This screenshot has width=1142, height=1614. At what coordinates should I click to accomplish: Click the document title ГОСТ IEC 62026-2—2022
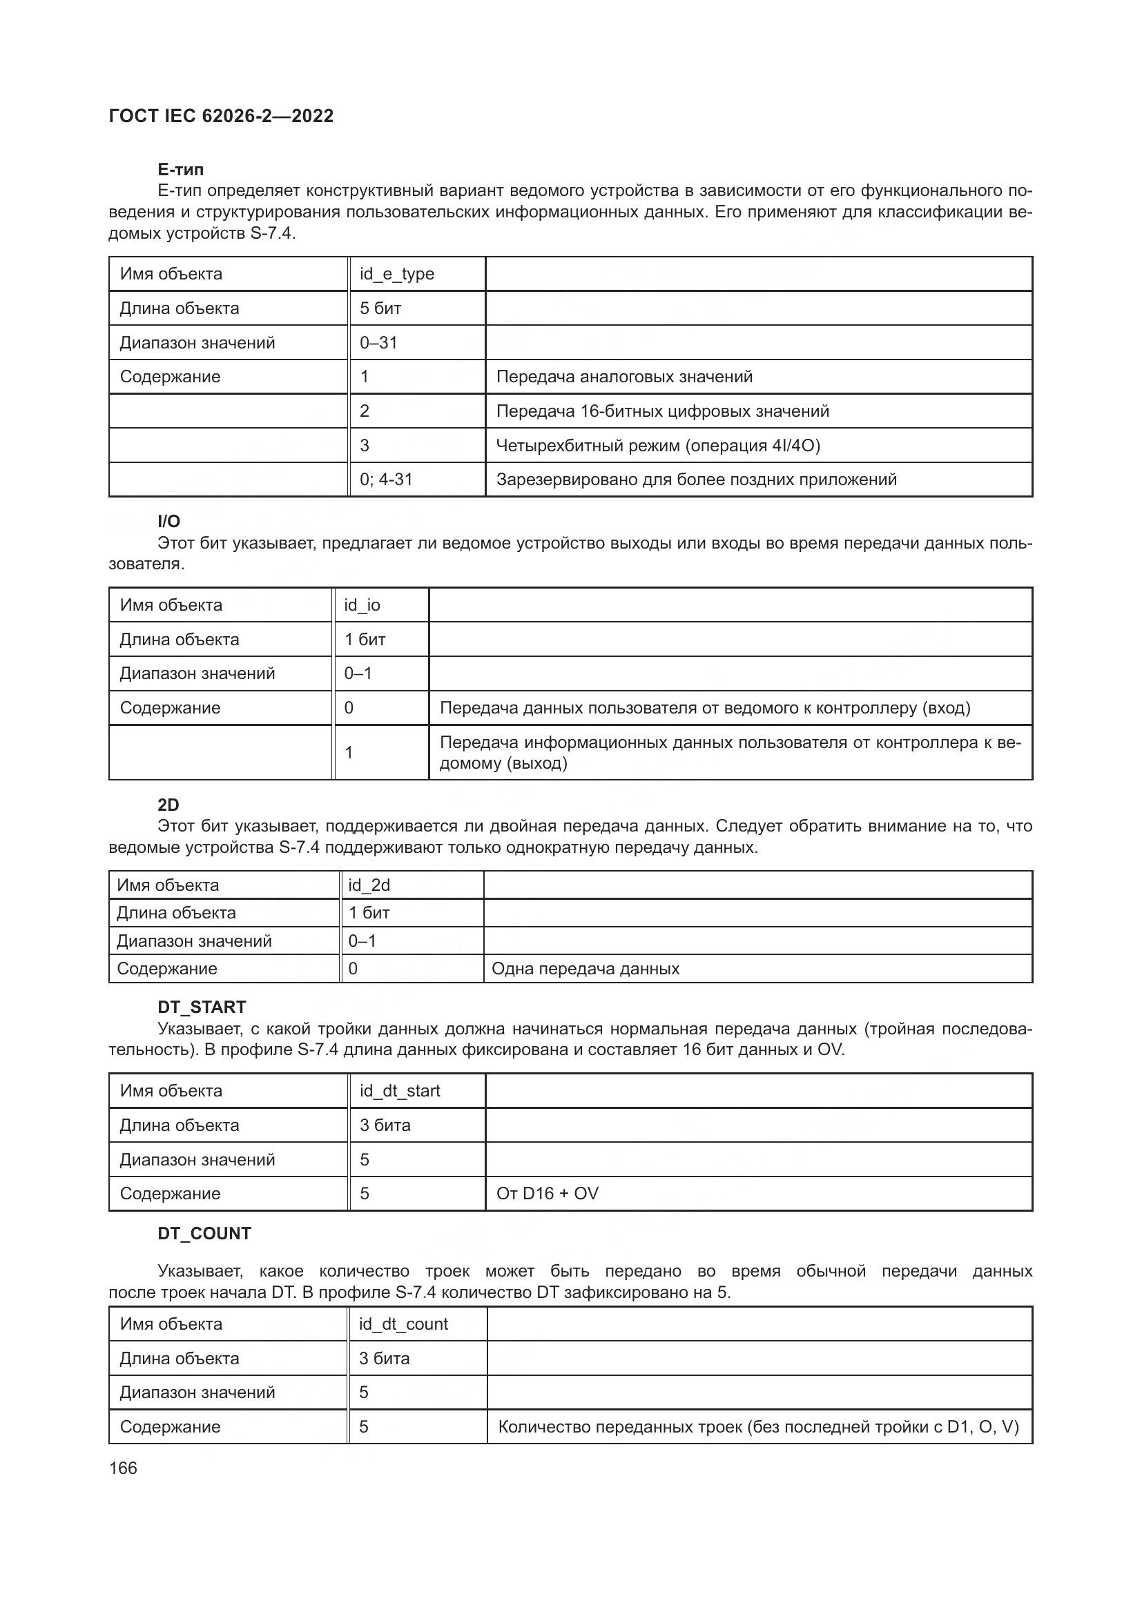[x=221, y=116]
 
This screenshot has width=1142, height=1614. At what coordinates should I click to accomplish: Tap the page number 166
[x=123, y=1468]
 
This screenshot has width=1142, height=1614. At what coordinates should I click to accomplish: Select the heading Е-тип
[x=181, y=170]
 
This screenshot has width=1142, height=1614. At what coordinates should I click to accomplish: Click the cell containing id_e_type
[x=396, y=274]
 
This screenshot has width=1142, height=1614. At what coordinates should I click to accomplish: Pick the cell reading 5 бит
[x=380, y=308]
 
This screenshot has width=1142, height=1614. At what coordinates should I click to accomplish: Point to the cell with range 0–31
[x=378, y=342]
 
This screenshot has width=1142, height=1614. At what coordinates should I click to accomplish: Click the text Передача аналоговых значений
[x=623, y=377]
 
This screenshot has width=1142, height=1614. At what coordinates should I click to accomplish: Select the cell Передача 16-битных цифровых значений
[x=662, y=411]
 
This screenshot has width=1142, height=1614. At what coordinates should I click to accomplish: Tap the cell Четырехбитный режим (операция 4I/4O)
[x=657, y=445]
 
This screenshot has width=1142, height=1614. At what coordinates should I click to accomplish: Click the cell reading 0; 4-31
[x=386, y=480]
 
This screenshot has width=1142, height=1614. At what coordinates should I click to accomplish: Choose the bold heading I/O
[x=168, y=521]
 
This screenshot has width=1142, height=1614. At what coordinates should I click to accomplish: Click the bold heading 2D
[x=168, y=805]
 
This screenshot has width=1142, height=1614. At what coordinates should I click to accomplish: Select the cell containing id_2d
[x=369, y=885]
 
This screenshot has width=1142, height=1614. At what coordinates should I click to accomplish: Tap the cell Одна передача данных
[x=585, y=969]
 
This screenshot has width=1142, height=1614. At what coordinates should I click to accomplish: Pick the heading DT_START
[x=202, y=1007]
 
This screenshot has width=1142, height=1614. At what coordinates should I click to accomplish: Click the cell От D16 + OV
[x=547, y=1194]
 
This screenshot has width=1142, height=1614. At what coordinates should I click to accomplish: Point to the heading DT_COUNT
[x=204, y=1234]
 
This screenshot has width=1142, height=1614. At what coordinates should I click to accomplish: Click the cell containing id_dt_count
[x=403, y=1324]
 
